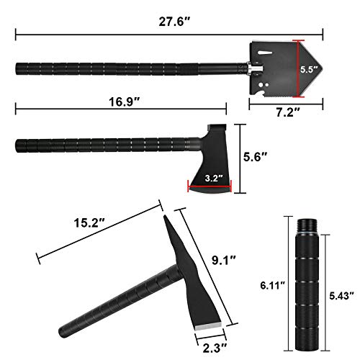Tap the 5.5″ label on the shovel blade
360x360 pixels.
tap(307, 70)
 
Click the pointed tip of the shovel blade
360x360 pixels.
tap(321, 69)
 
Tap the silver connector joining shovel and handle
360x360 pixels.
tap(247, 69)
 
